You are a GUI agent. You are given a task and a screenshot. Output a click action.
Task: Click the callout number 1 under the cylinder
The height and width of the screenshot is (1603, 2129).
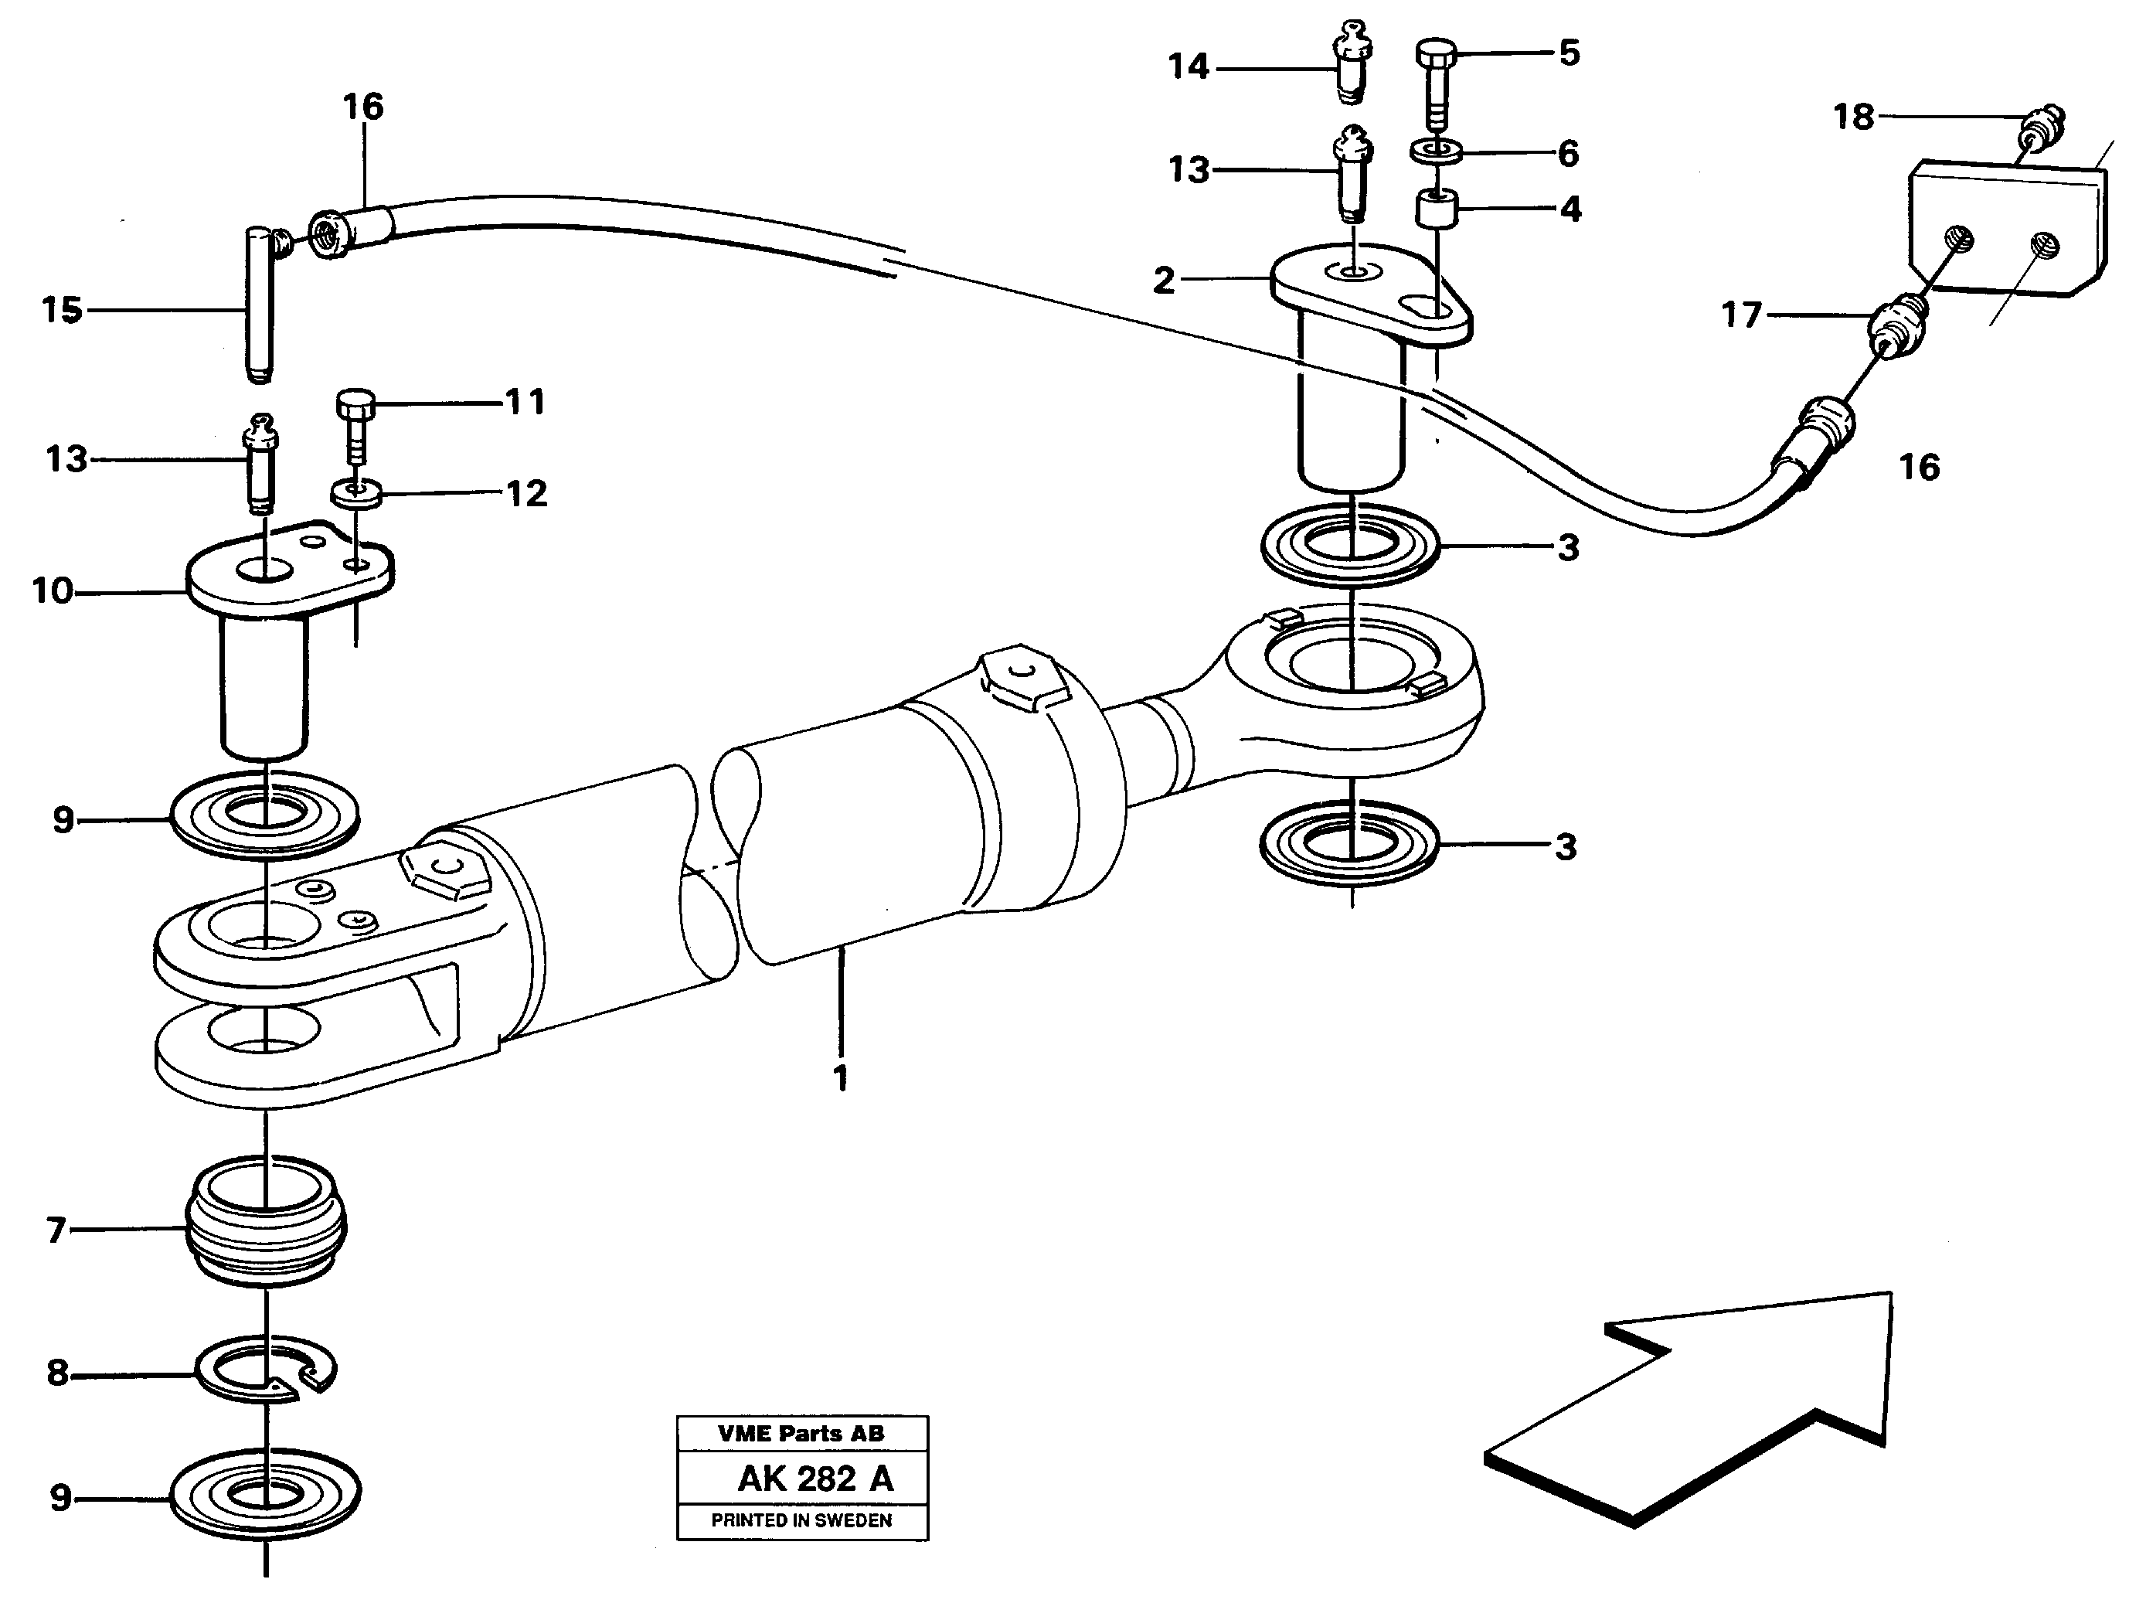[x=840, y=1077]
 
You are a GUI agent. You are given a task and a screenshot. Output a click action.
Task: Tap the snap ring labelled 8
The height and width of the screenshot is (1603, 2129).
[x=266, y=1368]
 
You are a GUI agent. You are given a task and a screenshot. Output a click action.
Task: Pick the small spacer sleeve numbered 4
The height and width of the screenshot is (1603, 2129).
[x=1436, y=209]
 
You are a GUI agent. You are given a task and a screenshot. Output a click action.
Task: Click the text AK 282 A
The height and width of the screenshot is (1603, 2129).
[x=815, y=1479]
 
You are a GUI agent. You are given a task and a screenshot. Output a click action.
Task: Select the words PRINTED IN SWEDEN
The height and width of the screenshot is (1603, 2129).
[x=801, y=1521]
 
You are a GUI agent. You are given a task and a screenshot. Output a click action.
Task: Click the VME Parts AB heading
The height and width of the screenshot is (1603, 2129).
[x=801, y=1434]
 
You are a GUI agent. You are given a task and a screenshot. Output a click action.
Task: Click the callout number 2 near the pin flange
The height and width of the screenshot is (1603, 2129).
[x=1164, y=280]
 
